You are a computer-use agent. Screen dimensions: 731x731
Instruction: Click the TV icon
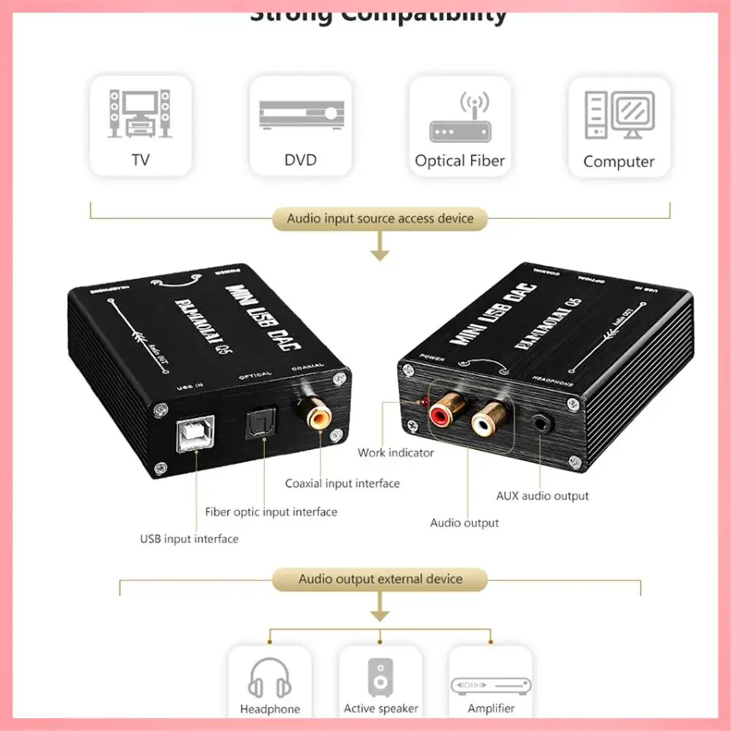[x=139, y=113]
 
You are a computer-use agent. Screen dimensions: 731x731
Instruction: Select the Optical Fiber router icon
[x=460, y=118]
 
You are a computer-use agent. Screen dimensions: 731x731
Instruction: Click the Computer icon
[x=619, y=115]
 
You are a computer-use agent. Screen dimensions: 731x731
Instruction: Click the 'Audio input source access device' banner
[x=380, y=218]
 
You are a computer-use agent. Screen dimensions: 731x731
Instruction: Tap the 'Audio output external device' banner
[x=380, y=579]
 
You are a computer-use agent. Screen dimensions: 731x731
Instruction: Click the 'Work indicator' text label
[x=395, y=453]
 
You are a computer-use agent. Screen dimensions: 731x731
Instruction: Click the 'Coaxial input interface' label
[x=342, y=483]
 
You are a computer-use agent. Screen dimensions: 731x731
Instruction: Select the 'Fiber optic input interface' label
[x=271, y=512]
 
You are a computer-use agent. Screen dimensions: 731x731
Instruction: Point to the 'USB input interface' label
[x=189, y=539]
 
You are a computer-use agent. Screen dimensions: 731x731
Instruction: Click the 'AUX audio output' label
[x=542, y=496]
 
